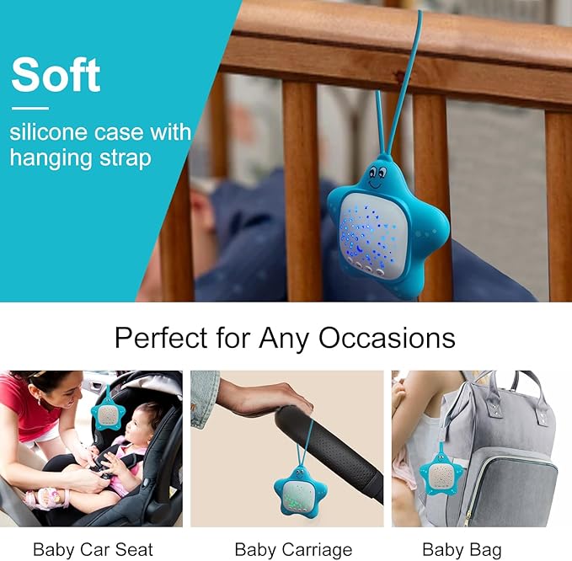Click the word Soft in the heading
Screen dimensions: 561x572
point(56,76)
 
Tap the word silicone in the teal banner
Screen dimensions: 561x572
point(43,133)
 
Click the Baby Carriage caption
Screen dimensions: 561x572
point(293,550)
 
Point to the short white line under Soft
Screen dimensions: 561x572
point(30,108)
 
